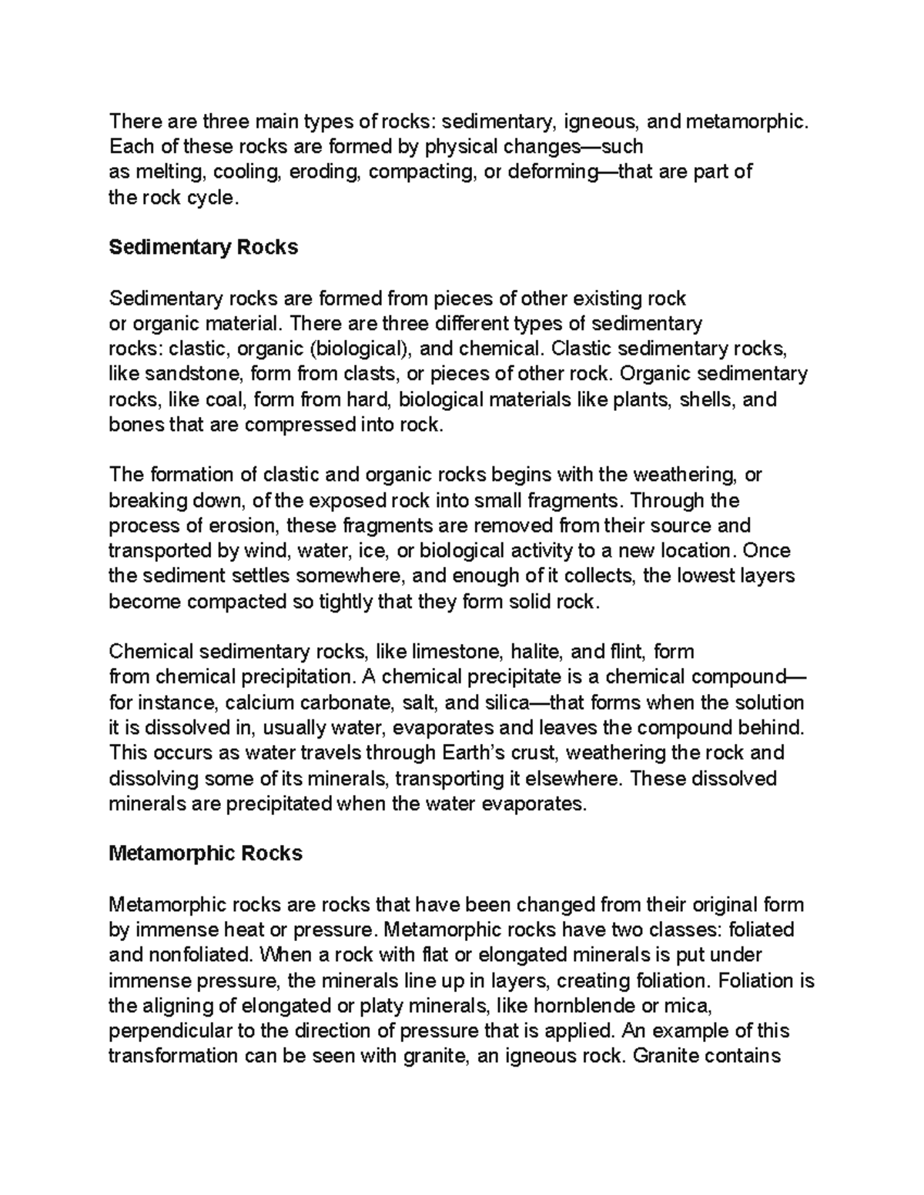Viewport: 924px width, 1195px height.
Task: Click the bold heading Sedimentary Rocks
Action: click(203, 248)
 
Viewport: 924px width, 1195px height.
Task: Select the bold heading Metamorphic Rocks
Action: click(206, 853)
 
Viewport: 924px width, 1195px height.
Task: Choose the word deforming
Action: click(550, 172)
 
